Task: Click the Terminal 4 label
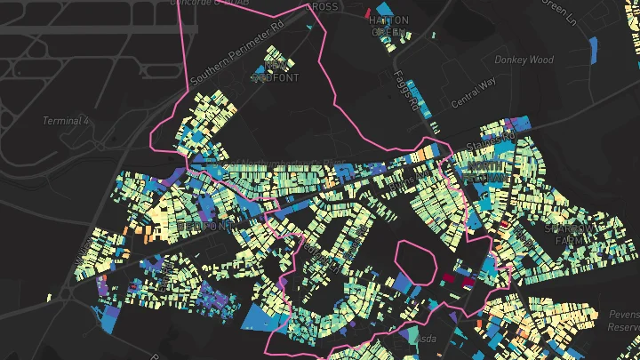click(x=67, y=121)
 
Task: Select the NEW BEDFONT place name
click(x=276, y=71)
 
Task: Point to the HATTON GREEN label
click(x=388, y=25)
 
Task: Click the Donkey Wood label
click(x=530, y=60)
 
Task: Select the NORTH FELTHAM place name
click(x=485, y=172)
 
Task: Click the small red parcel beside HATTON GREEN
click(x=367, y=12)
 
